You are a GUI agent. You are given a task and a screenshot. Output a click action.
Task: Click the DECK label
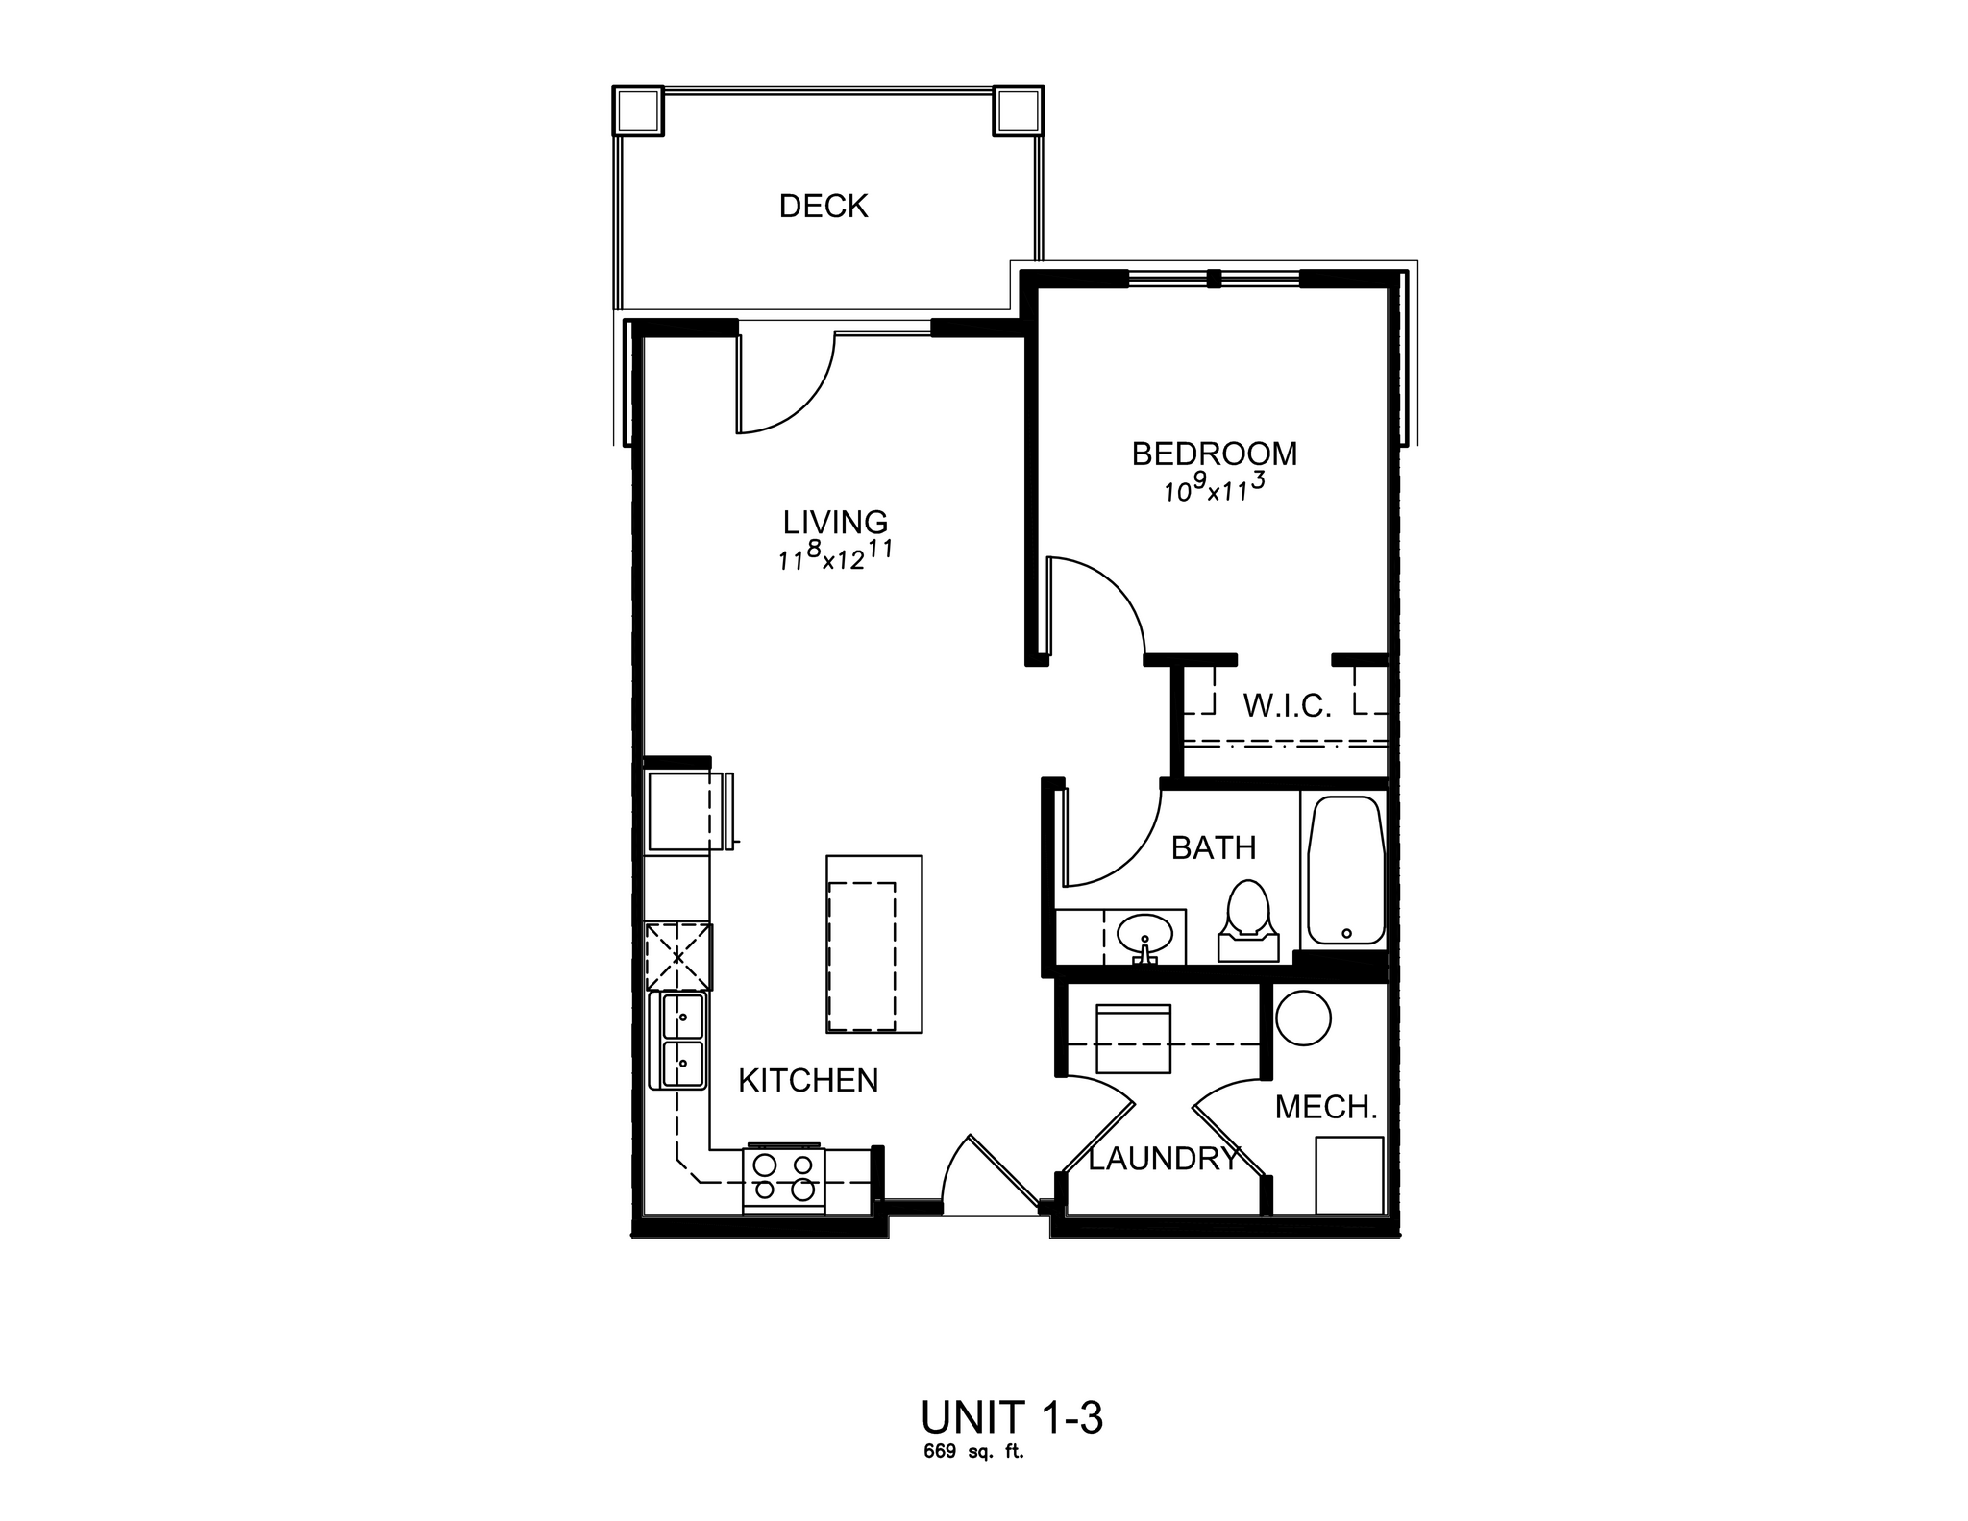pyautogui.click(x=824, y=207)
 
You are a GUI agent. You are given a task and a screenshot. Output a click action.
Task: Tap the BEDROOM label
pyautogui.click(x=1214, y=454)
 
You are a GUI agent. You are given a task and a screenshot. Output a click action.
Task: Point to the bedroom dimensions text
pyautogui.click(x=1214, y=489)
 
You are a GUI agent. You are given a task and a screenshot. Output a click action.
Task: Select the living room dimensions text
pyautogui.click(x=835, y=557)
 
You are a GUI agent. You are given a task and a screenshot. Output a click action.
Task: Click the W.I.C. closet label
pyautogui.click(x=1287, y=707)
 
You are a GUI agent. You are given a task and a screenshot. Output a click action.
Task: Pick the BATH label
pyautogui.click(x=1214, y=848)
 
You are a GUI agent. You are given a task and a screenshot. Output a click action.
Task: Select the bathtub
pyautogui.click(x=1344, y=870)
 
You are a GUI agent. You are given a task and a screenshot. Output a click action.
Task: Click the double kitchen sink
pyautogui.click(x=679, y=1041)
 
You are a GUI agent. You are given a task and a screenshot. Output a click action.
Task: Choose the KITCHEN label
pyautogui.click(x=808, y=1081)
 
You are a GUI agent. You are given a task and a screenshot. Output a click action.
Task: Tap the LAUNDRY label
pyautogui.click(x=1163, y=1160)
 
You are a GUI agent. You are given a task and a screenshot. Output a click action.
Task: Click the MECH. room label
pyautogui.click(x=1326, y=1108)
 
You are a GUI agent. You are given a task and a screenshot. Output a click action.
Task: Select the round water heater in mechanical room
pyautogui.click(x=1302, y=1018)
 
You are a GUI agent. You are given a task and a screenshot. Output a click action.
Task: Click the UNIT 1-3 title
pyautogui.click(x=1011, y=1417)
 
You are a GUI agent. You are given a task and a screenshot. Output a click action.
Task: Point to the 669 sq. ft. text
pyautogui.click(x=973, y=1452)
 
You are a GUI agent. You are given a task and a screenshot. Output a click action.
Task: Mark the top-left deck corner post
pyautogui.click(x=638, y=111)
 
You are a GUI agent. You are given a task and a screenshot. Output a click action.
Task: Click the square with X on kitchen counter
pyautogui.click(x=678, y=957)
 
